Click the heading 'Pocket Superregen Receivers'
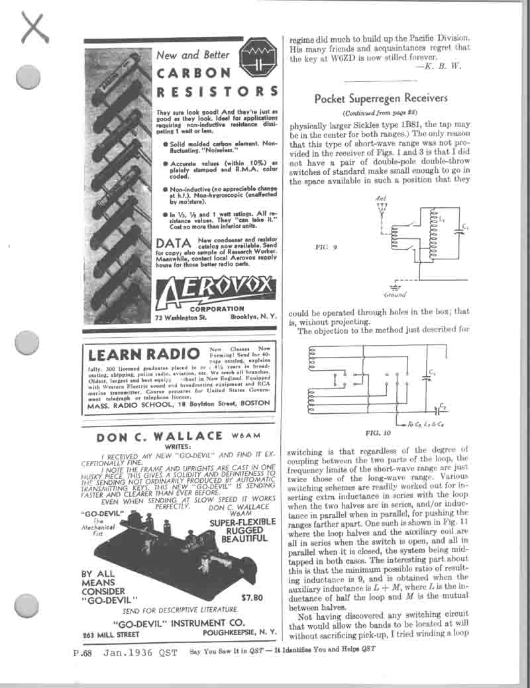pyautogui.click(x=380, y=99)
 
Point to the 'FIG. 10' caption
pyautogui.click(x=380, y=433)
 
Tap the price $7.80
pyautogui.click(x=252, y=597)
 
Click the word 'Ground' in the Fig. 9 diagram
pyautogui.click(x=395, y=294)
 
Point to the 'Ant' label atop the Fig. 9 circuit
pyautogui.click(x=380, y=199)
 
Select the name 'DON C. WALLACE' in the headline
pyautogui.click(x=160, y=437)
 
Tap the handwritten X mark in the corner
pyautogui.click(x=35, y=28)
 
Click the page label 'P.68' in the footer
pyautogui.click(x=86, y=653)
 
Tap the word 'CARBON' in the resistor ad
pyautogui.click(x=193, y=73)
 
